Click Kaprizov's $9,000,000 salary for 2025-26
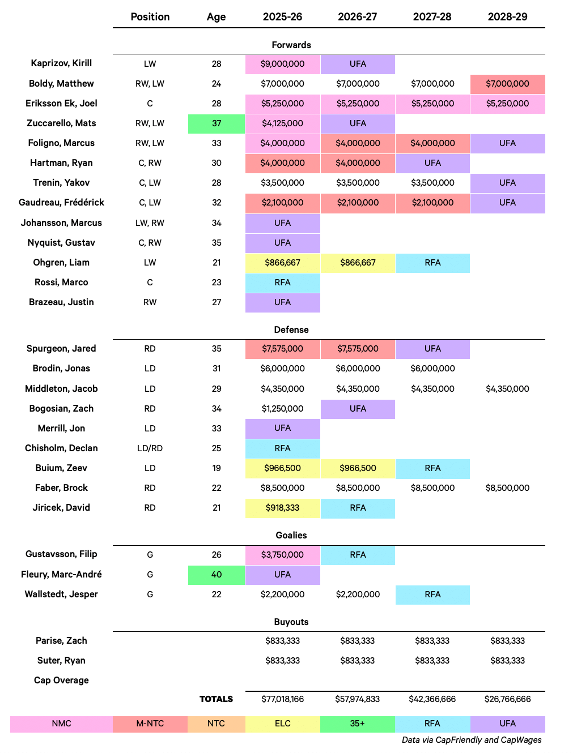[x=282, y=64]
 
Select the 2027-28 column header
[x=432, y=16]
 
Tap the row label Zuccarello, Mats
[x=61, y=123]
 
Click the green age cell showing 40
[x=217, y=574]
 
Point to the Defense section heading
[x=291, y=330]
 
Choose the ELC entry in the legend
[x=283, y=723]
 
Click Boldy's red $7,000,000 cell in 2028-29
[x=508, y=84]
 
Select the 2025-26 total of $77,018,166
[x=282, y=699]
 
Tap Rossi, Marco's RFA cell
[x=282, y=283]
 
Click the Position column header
[x=150, y=16]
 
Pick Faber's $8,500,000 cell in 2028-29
[x=507, y=487]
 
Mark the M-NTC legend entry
[x=150, y=723]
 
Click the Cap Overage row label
[x=61, y=680]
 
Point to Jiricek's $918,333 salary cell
[x=282, y=507]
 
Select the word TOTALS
[x=216, y=699]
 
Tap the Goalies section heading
[x=291, y=535]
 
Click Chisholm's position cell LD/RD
[x=150, y=448]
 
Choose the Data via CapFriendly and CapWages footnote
[x=472, y=739]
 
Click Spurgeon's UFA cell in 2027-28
[x=432, y=349]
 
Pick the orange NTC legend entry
[x=217, y=723]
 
